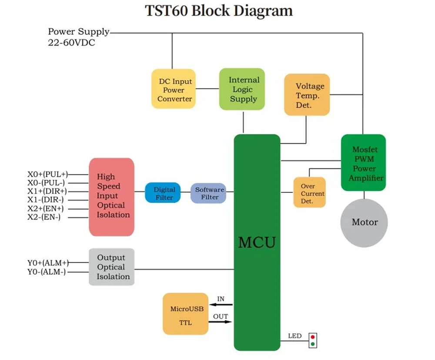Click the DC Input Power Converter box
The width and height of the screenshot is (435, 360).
(x=174, y=89)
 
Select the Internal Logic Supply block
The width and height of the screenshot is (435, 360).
(x=242, y=89)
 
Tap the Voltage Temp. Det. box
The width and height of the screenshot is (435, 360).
(x=307, y=94)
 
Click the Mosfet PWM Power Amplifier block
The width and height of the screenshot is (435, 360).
(x=363, y=163)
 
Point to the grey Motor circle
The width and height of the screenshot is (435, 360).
(x=364, y=222)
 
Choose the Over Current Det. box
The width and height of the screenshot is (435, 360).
(x=310, y=192)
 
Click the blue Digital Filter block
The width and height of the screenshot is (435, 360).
(x=163, y=193)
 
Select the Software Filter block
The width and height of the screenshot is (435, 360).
(x=208, y=193)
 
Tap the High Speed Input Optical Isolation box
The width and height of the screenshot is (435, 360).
(x=111, y=197)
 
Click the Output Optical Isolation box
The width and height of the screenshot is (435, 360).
(x=111, y=267)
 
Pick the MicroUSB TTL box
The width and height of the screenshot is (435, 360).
(x=186, y=314)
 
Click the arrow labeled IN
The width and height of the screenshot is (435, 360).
(x=221, y=305)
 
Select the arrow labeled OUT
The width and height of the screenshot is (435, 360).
(x=220, y=322)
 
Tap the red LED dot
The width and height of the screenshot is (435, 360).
(x=313, y=337)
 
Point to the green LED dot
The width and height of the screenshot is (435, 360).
(x=313, y=344)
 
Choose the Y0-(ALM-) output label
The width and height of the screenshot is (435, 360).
(x=47, y=272)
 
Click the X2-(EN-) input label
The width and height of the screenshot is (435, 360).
(x=44, y=217)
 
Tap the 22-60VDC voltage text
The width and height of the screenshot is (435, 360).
(x=72, y=43)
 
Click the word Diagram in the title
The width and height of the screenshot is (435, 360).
(x=263, y=11)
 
